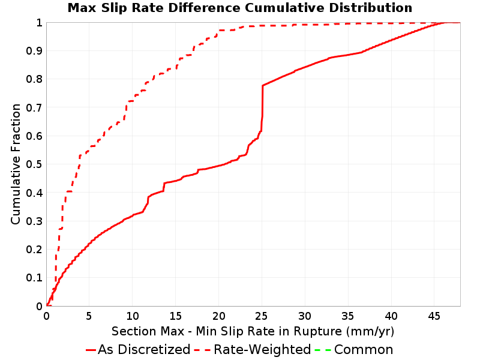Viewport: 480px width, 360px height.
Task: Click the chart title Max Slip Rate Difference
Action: (155, 8)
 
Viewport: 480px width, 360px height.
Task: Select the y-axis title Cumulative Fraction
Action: (16, 164)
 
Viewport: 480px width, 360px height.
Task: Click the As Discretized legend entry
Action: (144, 350)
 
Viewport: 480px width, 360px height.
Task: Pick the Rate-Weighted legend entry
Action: (262, 350)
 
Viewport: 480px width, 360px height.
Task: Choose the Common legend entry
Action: (364, 350)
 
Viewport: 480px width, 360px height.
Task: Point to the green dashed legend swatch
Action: (323, 350)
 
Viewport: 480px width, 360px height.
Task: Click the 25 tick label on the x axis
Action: (262, 316)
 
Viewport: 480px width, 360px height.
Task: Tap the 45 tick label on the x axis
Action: (434, 316)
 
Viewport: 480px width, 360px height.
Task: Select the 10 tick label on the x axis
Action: (132, 316)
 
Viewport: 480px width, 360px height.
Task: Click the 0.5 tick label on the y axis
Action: (34, 164)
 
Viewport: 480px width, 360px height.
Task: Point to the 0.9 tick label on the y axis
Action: (34, 51)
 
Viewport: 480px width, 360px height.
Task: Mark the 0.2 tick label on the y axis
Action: (34, 250)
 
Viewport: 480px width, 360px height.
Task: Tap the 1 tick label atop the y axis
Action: (39, 23)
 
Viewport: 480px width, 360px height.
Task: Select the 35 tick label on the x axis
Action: (348, 316)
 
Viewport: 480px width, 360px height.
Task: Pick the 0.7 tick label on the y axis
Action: (34, 107)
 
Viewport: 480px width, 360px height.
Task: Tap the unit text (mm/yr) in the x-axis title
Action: (370, 332)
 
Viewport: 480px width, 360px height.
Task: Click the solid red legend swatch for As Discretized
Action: (91, 350)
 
